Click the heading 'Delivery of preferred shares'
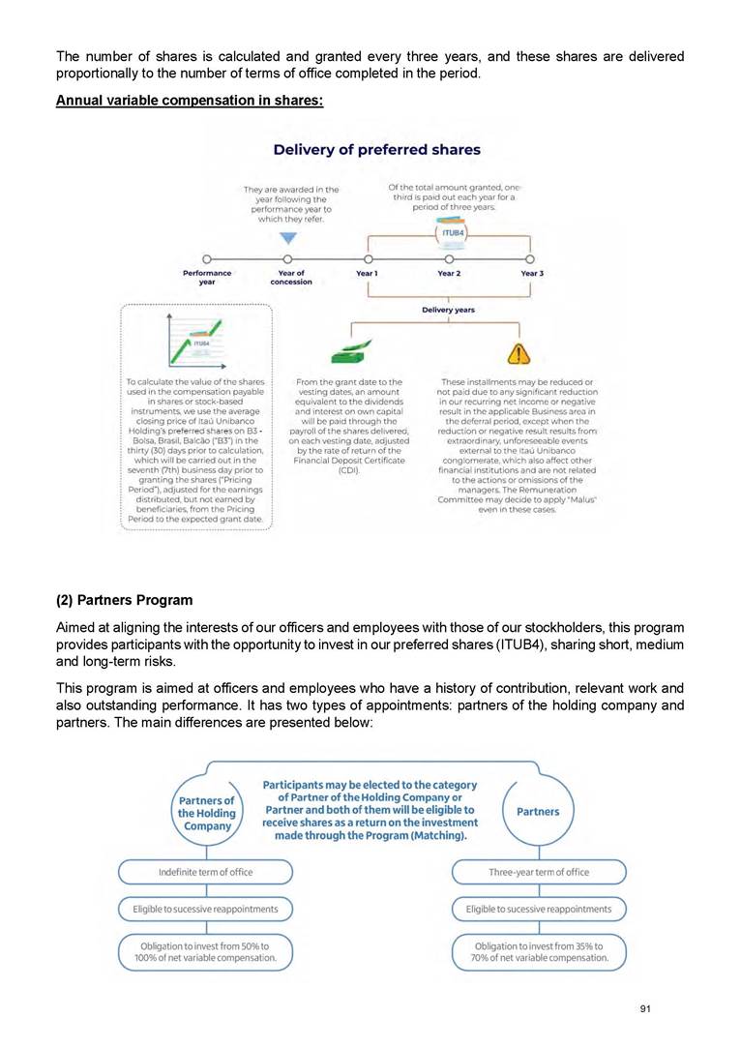[376, 149]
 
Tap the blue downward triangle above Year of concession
[286, 238]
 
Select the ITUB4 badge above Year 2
[449, 234]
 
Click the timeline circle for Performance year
[207, 259]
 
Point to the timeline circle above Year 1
[368, 259]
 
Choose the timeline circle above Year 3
[530, 259]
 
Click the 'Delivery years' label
[448, 310]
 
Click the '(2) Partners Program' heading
[124, 600]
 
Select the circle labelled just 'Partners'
[538, 811]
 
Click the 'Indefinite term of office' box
[205, 872]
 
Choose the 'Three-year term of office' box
[539, 872]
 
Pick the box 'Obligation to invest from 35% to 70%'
[539, 951]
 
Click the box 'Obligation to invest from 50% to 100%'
[205, 951]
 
